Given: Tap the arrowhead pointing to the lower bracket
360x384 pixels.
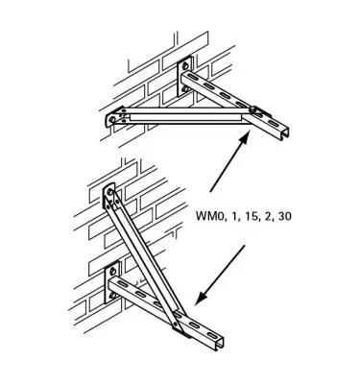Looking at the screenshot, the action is [200, 300].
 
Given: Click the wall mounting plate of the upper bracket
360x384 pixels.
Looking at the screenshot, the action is [187, 80].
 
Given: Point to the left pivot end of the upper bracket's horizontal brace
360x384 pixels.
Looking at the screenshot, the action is [114, 117].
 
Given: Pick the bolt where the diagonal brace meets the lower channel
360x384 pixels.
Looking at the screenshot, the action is [178, 326].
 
